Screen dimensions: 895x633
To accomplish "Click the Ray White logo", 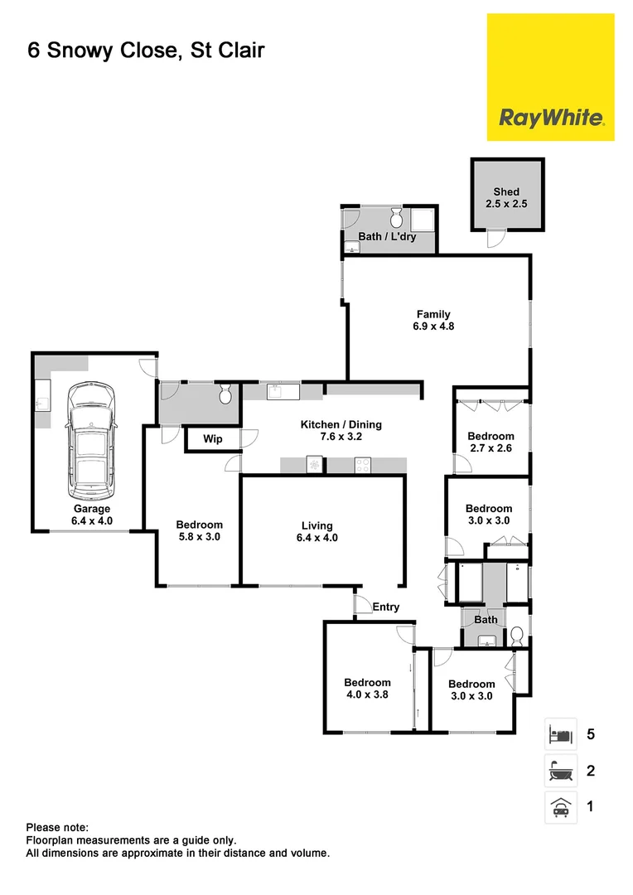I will coord(550,118).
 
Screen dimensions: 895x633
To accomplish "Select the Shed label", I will coord(506,192).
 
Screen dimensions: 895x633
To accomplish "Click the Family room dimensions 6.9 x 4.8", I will coord(434,327).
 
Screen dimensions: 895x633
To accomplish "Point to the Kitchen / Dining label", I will coord(341,425).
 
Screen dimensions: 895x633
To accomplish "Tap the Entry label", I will coord(386,607).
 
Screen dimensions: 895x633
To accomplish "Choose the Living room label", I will coord(317,525).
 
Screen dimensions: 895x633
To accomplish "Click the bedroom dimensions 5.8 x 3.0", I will coord(199,537).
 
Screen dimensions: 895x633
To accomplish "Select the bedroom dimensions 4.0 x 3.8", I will coord(367,695).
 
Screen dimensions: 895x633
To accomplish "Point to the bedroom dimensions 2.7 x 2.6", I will coord(490,448).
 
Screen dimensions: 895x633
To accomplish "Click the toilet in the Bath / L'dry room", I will coord(396,218).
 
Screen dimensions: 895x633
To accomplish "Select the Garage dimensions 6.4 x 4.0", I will coord(91,521).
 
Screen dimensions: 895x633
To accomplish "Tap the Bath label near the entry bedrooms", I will coord(486,620).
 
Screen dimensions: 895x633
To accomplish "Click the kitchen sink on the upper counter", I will coord(276,391).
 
